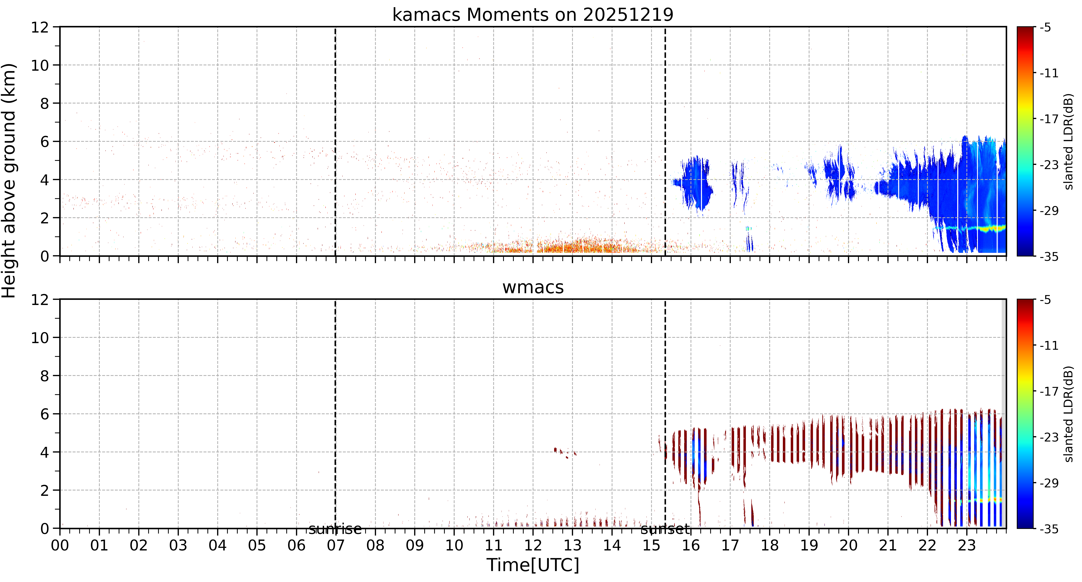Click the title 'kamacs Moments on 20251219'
coord(533,15)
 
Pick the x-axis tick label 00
coord(60,545)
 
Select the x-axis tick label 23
coord(967,545)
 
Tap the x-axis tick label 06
coord(297,545)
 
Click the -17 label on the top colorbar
coord(1049,119)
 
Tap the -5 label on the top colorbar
coord(1046,28)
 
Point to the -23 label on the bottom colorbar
coord(1049,437)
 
